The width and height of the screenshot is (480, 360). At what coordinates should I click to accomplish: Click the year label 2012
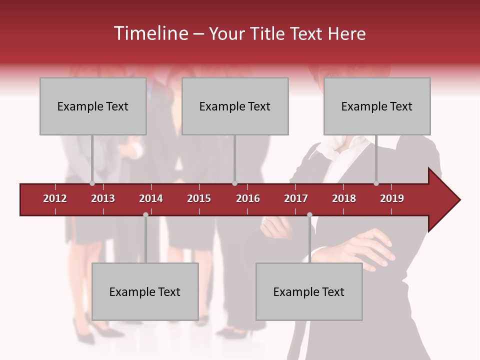pos(55,198)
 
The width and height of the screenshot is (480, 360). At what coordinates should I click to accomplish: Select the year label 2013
pos(103,198)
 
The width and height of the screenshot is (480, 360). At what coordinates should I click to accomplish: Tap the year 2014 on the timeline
pos(151,198)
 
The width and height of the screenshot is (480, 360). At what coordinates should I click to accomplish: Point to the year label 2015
pos(199,198)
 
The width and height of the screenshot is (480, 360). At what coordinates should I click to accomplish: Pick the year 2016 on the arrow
pos(248,198)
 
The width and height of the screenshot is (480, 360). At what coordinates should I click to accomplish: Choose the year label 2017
pos(296,198)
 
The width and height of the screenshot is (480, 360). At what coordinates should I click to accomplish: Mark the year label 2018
pos(344,198)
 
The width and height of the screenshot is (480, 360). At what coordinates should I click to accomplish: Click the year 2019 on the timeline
pos(392,198)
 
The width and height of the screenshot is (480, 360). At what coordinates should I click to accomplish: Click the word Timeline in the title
pos(150,33)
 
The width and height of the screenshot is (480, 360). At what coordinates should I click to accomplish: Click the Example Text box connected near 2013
pos(93,106)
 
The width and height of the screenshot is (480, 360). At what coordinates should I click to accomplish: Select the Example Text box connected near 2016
pos(235,106)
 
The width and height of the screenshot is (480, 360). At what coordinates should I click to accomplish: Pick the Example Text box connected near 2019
pos(377,106)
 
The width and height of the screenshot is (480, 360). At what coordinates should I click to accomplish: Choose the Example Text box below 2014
pos(145,291)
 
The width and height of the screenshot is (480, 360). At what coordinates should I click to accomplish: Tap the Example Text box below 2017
pos(309,291)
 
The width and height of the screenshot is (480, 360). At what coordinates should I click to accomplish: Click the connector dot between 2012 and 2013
pos(92,183)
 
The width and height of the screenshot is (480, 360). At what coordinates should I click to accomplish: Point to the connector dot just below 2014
pos(145,214)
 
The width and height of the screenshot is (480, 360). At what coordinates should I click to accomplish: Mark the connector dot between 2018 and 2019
pos(376,183)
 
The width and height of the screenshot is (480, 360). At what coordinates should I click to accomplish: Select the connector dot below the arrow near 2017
pos(309,214)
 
